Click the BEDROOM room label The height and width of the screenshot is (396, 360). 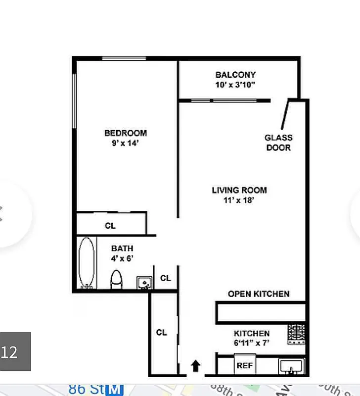point(125,133)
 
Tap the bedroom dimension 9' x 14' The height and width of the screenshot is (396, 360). point(125,143)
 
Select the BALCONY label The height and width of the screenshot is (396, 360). point(235,75)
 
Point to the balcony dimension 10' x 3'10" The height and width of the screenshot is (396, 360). point(235,85)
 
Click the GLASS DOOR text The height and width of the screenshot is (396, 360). point(278,143)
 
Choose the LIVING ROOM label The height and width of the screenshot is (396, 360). point(239,190)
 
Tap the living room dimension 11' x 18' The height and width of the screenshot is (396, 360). point(239,200)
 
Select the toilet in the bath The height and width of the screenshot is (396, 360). point(116,280)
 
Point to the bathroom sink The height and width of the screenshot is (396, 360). point(143,283)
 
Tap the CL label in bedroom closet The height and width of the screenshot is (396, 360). point(110,226)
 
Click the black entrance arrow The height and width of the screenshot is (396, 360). point(196,366)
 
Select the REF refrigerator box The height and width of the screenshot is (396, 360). point(244,365)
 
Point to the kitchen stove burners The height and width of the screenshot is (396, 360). point(297,334)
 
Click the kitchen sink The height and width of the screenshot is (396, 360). point(291,366)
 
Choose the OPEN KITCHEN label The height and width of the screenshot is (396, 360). point(259,294)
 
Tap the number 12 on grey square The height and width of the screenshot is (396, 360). point(10,352)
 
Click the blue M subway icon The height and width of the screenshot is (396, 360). point(115,390)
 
